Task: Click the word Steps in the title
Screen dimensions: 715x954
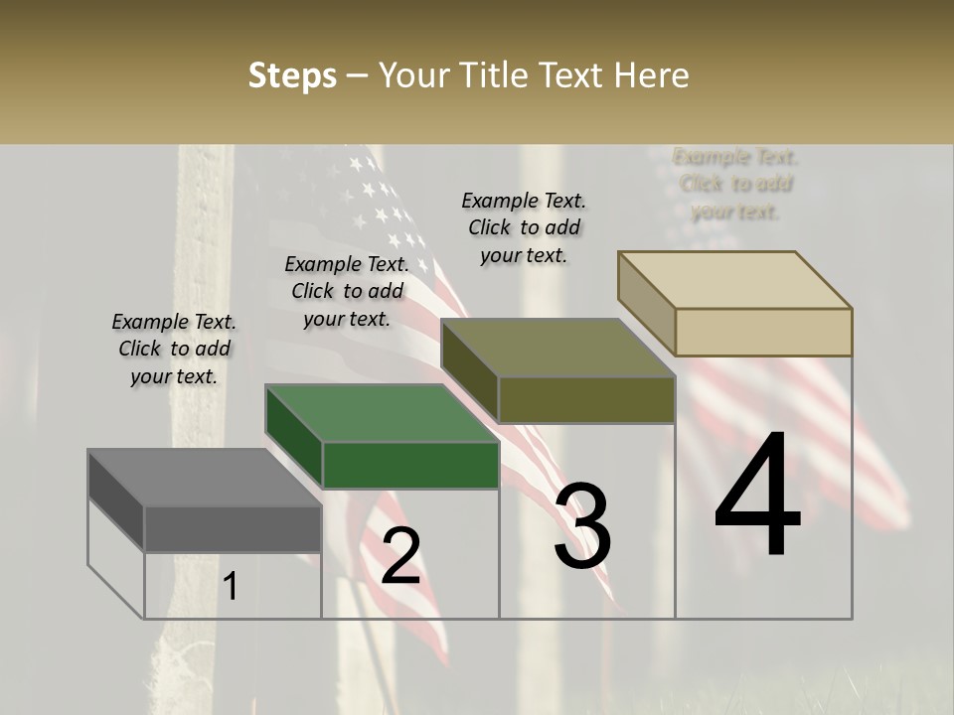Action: (x=292, y=75)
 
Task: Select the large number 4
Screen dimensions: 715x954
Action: (x=757, y=496)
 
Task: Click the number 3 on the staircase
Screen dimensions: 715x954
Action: (x=582, y=526)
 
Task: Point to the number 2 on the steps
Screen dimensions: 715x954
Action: (x=400, y=555)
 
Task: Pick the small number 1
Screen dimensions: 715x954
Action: (x=231, y=586)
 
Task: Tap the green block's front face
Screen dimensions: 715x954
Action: (x=410, y=465)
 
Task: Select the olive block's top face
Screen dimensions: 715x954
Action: (x=557, y=349)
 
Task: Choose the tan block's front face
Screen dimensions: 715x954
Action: (x=763, y=332)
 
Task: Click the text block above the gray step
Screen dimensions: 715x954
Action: (x=174, y=349)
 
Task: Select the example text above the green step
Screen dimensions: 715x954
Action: (x=347, y=291)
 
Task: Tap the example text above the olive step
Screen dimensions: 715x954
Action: (x=524, y=227)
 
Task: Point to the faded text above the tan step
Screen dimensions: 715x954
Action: (x=736, y=184)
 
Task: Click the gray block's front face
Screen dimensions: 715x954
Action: (x=233, y=528)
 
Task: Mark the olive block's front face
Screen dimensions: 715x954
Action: (x=586, y=400)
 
